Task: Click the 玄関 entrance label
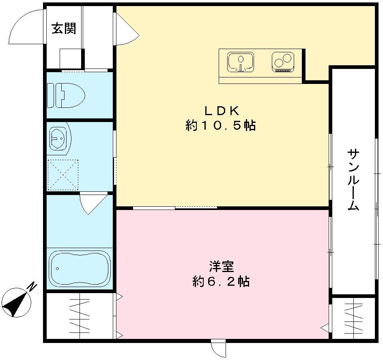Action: coord(64,29)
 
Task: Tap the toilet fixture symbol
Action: coord(66,95)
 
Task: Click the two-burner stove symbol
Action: coord(283,61)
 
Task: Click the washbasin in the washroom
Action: coord(58,139)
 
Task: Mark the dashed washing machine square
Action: coord(63,175)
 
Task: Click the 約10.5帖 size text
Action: coord(221,126)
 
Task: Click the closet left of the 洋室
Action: coord(80,316)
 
